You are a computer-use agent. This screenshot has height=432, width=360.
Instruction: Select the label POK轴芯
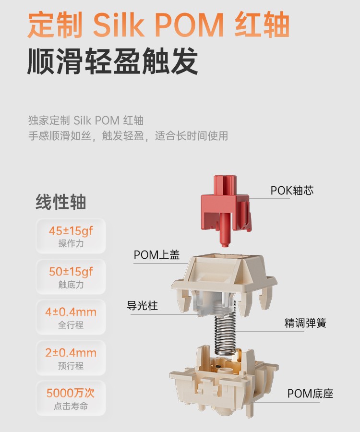[292, 191]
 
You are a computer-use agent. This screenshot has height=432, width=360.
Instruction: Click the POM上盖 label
[156, 255]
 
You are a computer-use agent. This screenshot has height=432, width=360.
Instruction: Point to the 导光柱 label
[142, 306]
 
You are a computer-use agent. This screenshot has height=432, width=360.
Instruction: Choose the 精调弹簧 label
[305, 323]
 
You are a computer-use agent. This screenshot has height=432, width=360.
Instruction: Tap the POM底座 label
[310, 394]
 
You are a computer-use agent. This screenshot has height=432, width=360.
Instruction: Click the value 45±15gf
[71, 231]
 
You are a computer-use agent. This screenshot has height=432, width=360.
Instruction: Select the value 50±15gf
[71, 272]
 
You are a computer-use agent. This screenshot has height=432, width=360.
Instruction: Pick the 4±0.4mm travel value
[71, 312]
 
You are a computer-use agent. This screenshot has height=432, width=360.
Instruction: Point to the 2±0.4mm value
[71, 353]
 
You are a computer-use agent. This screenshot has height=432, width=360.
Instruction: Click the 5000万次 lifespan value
[71, 393]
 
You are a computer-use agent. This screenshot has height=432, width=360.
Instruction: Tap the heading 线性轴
[61, 202]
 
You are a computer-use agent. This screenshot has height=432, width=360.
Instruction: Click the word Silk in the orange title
[119, 24]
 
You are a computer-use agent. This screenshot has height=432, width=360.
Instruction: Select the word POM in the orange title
[189, 25]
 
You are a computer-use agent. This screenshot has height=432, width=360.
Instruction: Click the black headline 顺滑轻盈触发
[113, 61]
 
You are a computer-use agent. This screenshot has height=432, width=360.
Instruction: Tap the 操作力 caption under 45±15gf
[71, 243]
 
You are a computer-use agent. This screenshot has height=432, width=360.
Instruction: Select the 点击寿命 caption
[71, 406]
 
